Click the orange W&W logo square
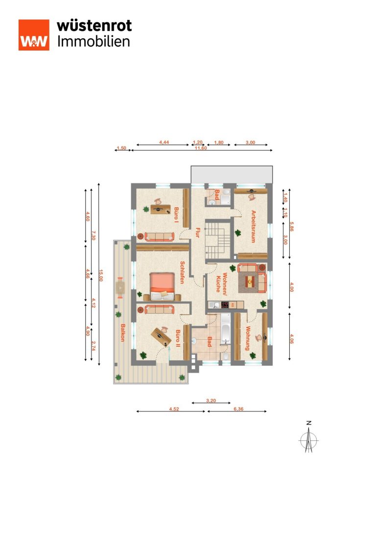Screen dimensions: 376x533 coord(34,35)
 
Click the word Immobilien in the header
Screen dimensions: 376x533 coord(94,42)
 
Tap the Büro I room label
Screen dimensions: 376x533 coord(176,214)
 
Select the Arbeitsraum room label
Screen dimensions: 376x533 coord(253,227)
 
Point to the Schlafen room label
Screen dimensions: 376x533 coord(182,272)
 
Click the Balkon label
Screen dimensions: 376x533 coord(122,332)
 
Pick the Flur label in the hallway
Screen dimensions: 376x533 coord(197,232)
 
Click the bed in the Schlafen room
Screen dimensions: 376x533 coord(162,286)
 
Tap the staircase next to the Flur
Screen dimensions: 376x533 coord(218,240)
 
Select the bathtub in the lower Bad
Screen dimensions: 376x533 coord(226,329)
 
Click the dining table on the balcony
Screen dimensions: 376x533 coord(120,288)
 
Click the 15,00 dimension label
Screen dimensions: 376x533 coord(101,276)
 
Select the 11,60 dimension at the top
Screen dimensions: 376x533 coord(201,148)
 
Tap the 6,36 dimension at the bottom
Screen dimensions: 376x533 coord(238,409)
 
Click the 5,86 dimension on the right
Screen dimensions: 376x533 coord(291,227)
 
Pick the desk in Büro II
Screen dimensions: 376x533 coord(161,336)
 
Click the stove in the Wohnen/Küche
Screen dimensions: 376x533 coord(224,305)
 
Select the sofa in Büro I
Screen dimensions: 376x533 coord(160,236)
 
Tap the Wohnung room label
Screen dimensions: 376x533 coord(248,338)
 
